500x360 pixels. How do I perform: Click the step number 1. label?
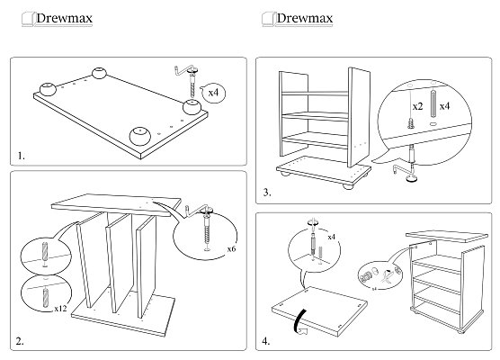[21, 156]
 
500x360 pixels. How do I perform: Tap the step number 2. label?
[20, 341]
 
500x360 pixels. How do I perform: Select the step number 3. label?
[267, 193]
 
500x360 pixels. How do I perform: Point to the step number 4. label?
[266, 341]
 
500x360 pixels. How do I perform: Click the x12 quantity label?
[60, 309]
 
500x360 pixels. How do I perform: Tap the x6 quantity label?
[231, 248]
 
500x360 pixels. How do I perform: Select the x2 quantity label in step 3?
[418, 106]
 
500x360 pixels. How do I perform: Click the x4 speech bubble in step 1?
[214, 93]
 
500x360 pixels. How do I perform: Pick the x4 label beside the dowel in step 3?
[444, 106]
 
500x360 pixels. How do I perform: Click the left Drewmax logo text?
[64, 18]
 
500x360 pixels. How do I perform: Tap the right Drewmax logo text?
[305, 18]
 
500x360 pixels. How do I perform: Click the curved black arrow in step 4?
[299, 321]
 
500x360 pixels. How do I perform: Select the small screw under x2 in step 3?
[411, 123]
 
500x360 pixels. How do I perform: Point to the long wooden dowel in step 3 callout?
[433, 103]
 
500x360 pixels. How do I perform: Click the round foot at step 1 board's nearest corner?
[140, 136]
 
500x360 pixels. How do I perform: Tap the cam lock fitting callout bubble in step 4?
[380, 275]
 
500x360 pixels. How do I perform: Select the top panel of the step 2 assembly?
[116, 206]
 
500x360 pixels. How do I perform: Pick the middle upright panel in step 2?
[119, 264]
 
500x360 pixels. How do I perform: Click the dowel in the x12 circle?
[46, 298]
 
